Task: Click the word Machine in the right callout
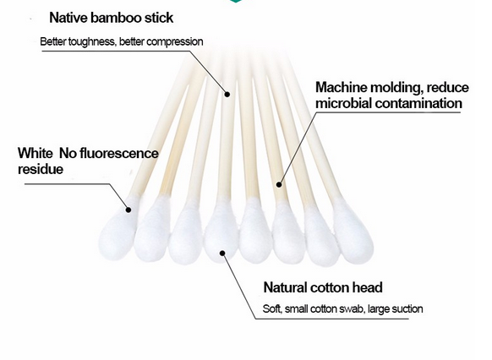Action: click(x=341, y=88)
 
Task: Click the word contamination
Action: click(x=418, y=103)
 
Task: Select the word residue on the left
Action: click(x=41, y=169)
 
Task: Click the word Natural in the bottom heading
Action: click(x=285, y=287)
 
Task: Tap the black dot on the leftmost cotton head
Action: click(x=128, y=210)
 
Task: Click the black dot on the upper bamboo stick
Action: click(x=227, y=94)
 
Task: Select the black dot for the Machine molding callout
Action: click(x=279, y=184)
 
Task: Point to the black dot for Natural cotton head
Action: click(x=222, y=253)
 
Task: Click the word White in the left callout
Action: click(x=36, y=153)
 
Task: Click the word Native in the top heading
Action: click(x=68, y=18)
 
